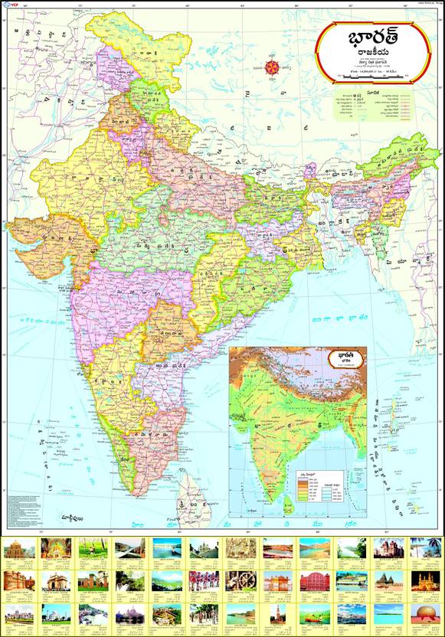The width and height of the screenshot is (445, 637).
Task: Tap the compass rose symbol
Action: point(273,67)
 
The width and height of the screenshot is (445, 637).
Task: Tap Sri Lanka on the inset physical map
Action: point(288,502)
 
